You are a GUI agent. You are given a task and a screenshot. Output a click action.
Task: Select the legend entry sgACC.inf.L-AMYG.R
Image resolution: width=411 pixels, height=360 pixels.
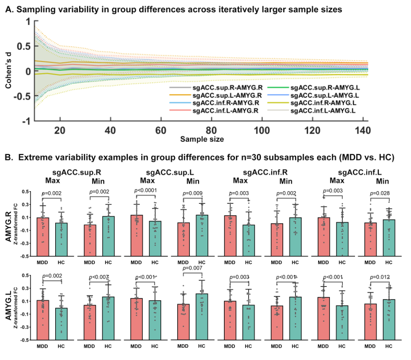tap(221, 110)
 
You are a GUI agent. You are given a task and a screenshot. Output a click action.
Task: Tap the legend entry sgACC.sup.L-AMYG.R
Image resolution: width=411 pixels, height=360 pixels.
tap(221, 95)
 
